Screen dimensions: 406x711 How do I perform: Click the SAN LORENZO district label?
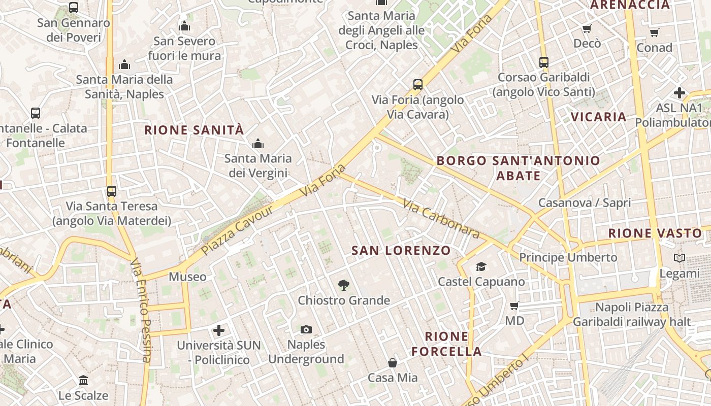[x=401, y=250]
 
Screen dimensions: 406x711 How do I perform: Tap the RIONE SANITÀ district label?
[x=194, y=130]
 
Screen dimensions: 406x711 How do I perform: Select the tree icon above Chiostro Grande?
[x=344, y=285]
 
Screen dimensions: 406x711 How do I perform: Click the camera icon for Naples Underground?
[x=306, y=330]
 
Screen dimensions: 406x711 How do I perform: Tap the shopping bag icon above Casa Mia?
[x=393, y=363]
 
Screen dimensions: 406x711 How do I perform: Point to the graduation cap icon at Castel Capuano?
[x=481, y=266]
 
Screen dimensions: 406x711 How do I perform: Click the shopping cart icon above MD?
[x=514, y=306]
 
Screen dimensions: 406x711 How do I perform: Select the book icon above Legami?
[x=680, y=258]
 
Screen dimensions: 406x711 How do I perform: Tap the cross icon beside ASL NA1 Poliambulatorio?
[x=680, y=93]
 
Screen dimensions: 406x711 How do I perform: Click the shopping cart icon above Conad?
[x=654, y=33]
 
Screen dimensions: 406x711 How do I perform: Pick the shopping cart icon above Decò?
[x=587, y=29]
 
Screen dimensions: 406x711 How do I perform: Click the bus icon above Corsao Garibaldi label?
[x=544, y=62]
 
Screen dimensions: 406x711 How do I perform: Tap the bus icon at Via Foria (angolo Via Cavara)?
[x=418, y=85]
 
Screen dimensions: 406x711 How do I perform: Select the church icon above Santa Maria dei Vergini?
[x=258, y=144]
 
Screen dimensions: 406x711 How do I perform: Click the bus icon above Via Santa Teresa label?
[x=112, y=191]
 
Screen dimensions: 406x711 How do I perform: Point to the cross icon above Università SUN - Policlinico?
[x=219, y=330]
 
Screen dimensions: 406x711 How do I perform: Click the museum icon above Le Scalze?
[x=83, y=381]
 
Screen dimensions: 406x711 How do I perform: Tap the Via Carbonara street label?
[x=441, y=219]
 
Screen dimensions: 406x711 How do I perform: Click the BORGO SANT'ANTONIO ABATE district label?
[x=519, y=168]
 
